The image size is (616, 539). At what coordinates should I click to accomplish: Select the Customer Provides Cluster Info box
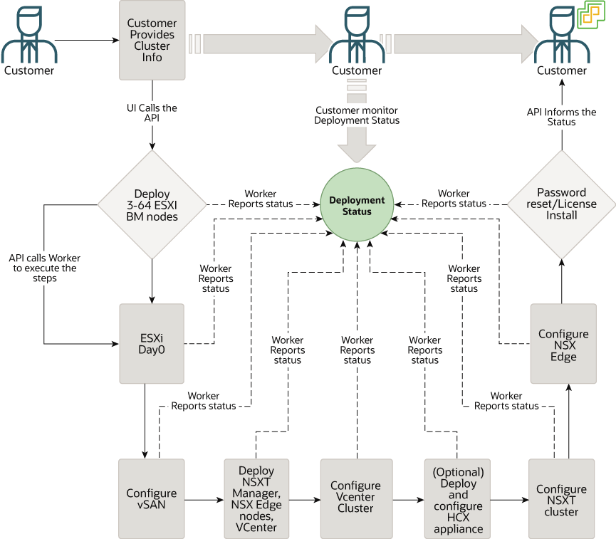(x=152, y=40)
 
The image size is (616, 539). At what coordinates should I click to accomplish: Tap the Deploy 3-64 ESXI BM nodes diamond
(x=152, y=205)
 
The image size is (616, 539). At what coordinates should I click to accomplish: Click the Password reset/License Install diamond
(x=562, y=204)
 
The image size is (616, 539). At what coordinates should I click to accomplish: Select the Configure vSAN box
(x=151, y=498)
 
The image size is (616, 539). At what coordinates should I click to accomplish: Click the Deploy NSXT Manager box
(x=256, y=498)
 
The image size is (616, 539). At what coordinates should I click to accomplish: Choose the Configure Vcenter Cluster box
(x=355, y=498)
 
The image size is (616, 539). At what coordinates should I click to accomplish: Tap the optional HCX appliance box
(x=457, y=498)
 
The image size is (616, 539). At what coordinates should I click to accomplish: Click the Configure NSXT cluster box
(x=561, y=498)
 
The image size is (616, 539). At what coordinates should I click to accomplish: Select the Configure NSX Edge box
(x=563, y=345)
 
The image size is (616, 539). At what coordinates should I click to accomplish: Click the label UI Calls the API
(x=152, y=113)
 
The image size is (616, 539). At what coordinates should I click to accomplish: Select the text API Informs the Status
(x=561, y=117)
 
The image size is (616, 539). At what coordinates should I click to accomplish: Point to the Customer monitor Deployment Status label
(x=357, y=115)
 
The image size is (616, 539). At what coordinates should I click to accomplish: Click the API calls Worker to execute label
(x=44, y=268)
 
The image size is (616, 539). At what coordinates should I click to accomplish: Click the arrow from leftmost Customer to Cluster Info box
(x=86, y=40)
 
